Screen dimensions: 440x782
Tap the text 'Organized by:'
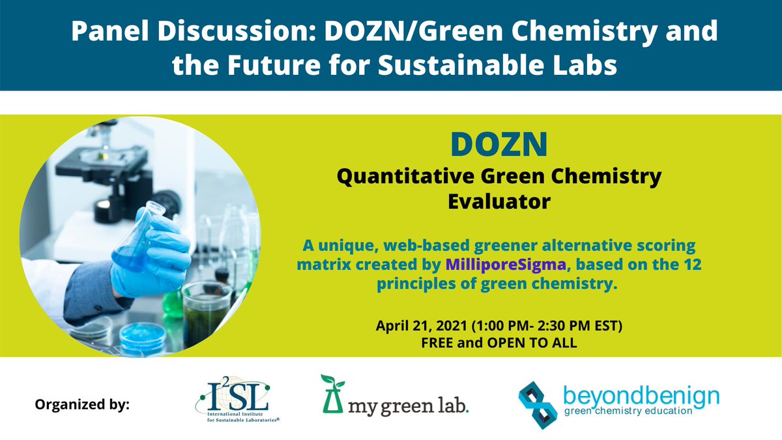coord(82,405)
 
